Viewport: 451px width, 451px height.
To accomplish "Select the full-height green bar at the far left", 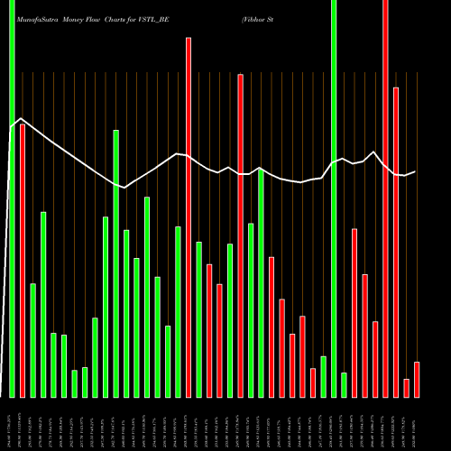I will (12, 198).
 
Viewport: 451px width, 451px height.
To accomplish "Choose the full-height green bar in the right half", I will (334, 198).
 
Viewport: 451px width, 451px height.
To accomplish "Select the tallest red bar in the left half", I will (189, 216).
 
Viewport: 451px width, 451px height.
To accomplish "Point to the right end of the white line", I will (415, 171).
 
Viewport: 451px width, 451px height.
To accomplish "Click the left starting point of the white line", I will (12, 127).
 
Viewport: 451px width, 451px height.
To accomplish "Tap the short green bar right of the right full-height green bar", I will (344, 384).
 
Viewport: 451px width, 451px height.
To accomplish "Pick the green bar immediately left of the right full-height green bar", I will (323, 376).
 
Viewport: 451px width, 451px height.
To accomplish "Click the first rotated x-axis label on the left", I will (12, 422).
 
